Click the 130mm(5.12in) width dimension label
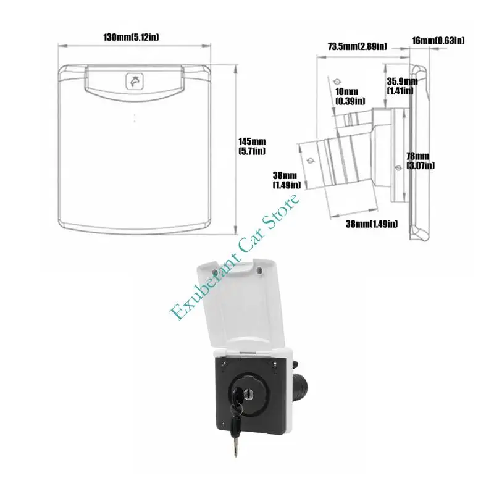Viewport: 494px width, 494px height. [131, 37]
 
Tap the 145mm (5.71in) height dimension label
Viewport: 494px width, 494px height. [252, 146]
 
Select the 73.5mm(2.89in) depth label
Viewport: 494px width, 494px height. [358, 47]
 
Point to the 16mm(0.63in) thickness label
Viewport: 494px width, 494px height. [438, 40]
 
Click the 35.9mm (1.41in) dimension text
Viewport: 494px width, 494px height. [402, 86]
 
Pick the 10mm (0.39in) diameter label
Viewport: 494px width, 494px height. [350, 96]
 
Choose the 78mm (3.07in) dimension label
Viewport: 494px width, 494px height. [421, 161]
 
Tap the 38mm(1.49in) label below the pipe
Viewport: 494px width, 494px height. [372, 224]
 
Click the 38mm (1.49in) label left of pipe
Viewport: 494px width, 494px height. [287, 180]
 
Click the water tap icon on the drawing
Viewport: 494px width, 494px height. [135, 82]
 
